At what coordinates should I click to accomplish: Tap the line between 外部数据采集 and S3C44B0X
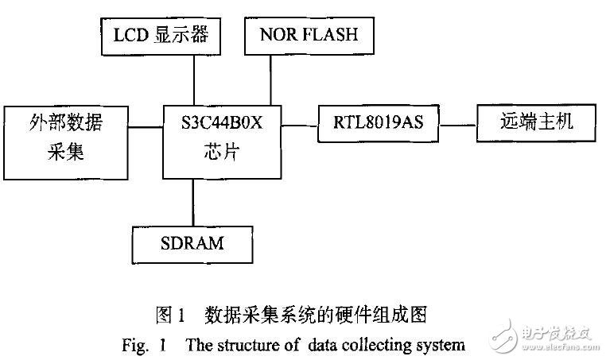pos(147,124)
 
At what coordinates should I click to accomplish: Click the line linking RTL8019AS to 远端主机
pos(460,124)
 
